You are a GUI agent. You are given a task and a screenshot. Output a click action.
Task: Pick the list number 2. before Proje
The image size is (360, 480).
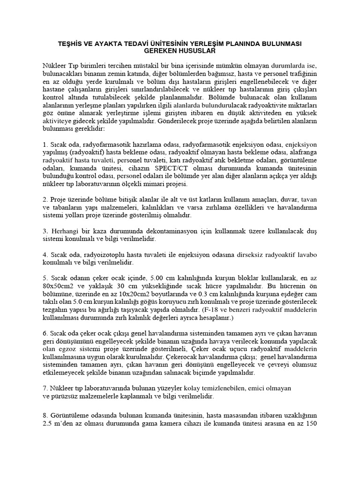pos(45,199)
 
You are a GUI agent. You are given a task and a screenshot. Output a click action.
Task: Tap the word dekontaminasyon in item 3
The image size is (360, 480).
pos(155,231)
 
